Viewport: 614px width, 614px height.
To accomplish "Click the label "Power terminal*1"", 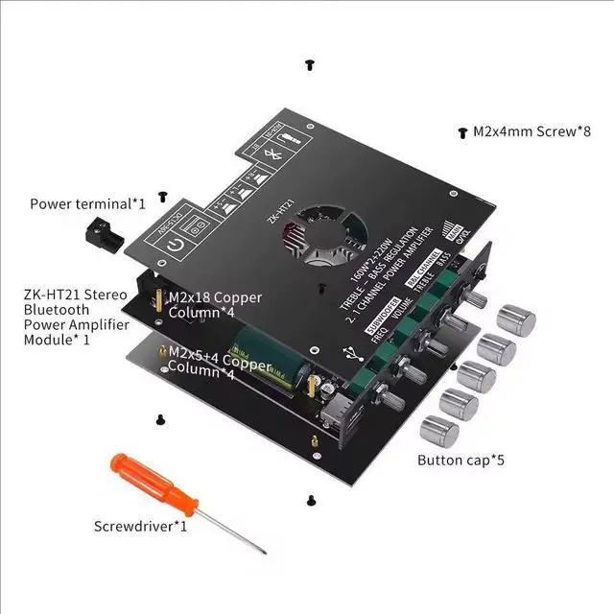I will click(x=87, y=203).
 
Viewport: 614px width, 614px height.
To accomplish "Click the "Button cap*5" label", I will click(x=460, y=460).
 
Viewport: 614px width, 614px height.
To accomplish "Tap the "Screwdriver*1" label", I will click(x=140, y=526).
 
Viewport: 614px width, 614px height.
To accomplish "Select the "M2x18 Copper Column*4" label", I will click(x=214, y=305).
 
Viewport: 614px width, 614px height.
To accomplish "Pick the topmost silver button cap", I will click(x=516, y=320).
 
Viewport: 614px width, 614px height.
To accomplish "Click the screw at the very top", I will click(x=309, y=64).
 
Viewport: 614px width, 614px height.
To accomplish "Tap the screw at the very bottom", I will click(x=311, y=499).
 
